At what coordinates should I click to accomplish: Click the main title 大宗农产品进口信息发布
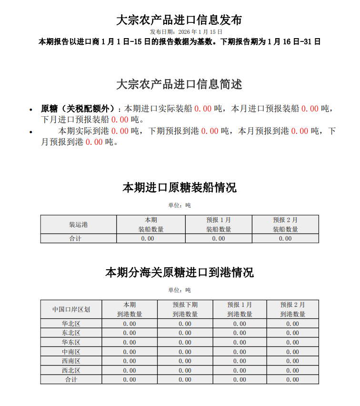(x=179, y=20)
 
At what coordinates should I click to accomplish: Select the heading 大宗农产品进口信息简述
(x=179, y=84)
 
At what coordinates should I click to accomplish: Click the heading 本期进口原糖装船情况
(x=179, y=187)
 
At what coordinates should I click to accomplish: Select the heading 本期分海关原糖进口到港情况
(x=179, y=272)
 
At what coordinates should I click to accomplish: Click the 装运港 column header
(x=78, y=224)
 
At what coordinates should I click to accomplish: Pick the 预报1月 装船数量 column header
(x=219, y=224)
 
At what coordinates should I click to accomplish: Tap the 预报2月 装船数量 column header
(x=285, y=224)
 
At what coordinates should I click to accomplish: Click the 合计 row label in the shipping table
(x=78, y=238)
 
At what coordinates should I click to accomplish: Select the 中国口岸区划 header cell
(x=71, y=309)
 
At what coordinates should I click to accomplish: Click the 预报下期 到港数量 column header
(x=185, y=309)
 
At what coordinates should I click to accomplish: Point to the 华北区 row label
(x=71, y=324)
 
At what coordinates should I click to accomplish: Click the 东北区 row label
(x=71, y=333)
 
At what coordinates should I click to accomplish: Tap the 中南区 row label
(x=71, y=352)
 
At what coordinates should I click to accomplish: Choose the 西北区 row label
(x=71, y=370)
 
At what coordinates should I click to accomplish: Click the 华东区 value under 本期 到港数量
(x=130, y=342)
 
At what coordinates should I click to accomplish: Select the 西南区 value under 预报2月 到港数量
(x=292, y=361)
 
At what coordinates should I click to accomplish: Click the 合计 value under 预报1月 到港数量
(x=240, y=380)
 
